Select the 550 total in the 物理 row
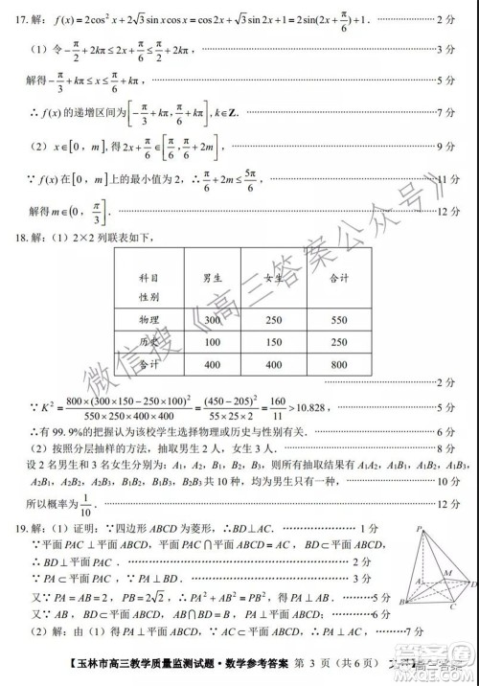337,319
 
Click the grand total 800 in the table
337,364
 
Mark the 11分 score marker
448,180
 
